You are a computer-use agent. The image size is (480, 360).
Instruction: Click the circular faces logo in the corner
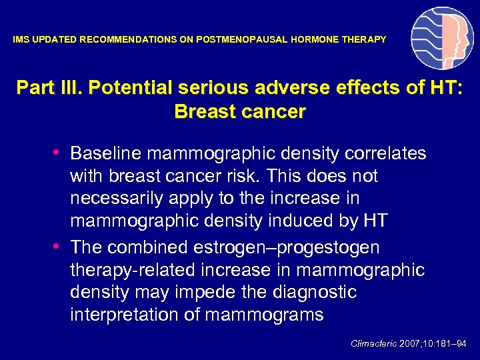[442, 39]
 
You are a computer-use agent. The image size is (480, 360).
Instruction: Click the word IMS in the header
[21, 40]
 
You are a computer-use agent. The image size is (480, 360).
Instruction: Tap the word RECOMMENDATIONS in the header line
[129, 40]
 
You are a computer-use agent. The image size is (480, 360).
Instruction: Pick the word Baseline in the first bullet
[106, 153]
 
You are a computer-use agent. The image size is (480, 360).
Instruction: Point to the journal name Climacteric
[373, 343]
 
